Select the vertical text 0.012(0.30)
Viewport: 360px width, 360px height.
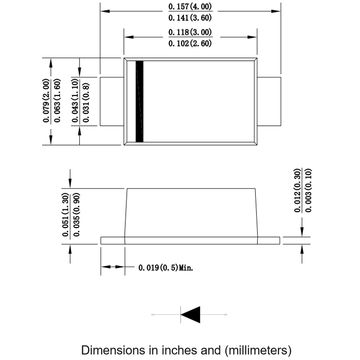point(296,191)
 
